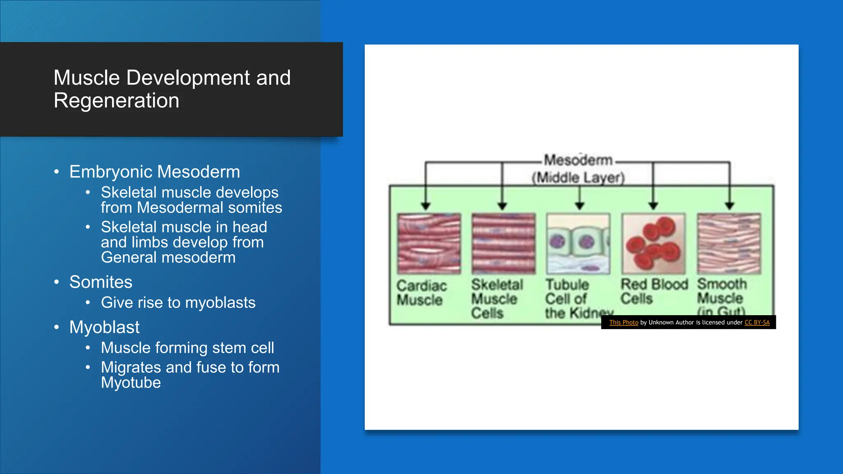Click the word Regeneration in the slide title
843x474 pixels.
pyautogui.click(x=116, y=101)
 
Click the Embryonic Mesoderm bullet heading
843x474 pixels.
pyautogui.click(x=154, y=172)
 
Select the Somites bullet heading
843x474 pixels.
pyautogui.click(x=101, y=282)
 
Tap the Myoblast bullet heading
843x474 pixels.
pyautogui.click(x=105, y=327)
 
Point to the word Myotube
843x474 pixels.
pyautogui.click(x=131, y=383)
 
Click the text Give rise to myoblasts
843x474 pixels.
pyautogui.click(x=178, y=302)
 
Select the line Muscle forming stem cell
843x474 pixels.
pyautogui.click(x=187, y=348)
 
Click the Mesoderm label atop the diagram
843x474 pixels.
pyautogui.click(x=578, y=160)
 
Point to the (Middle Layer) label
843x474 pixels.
pyautogui.click(x=578, y=178)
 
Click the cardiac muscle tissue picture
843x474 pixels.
pyautogui.click(x=429, y=244)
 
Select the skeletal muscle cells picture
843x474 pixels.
pyautogui.click(x=503, y=244)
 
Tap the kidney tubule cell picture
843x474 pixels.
pyautogui.click(x=578, y=244)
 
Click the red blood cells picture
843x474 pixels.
pyautogui.click(x=653, y=244)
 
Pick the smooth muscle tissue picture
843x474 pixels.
pyautogui.click(x=729, y=244)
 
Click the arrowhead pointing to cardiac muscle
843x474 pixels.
pyautogui.click(x=426, y=205)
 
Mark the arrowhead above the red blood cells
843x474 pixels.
pyautogui.click(x=653, y=205)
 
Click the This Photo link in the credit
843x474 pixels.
pyautogui.click(x=624, y=323)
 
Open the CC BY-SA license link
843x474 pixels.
pyautogui.click(x=757, y=323)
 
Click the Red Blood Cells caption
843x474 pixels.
pyautogui.click(x=654, y=291)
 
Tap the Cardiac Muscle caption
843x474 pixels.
pyautogui.click(x=421, y=293)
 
